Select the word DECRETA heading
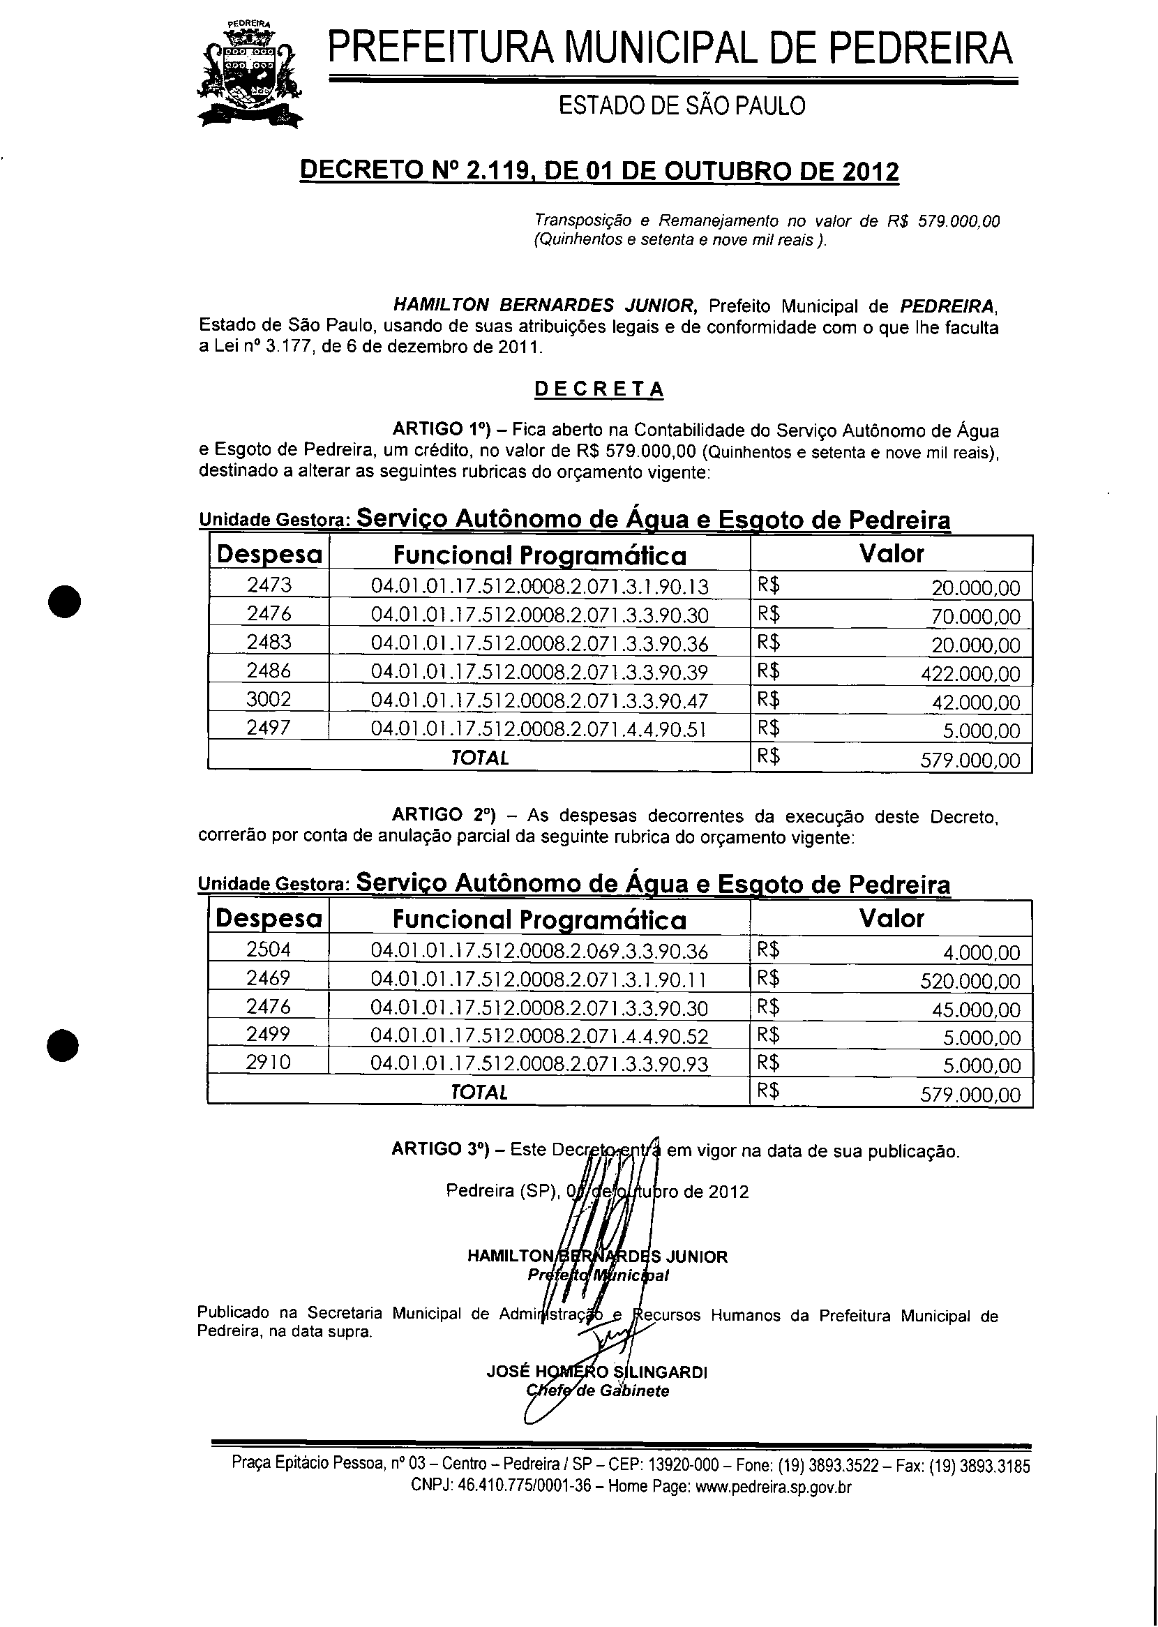click(599, 389)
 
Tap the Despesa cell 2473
click(269, 585)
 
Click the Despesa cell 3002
click(269, 699)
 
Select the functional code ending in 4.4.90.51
click(539, 729)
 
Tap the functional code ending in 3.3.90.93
click(539, 1065)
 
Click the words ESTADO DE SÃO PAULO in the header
click(681, 106)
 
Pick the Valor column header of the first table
click(892, 554)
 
